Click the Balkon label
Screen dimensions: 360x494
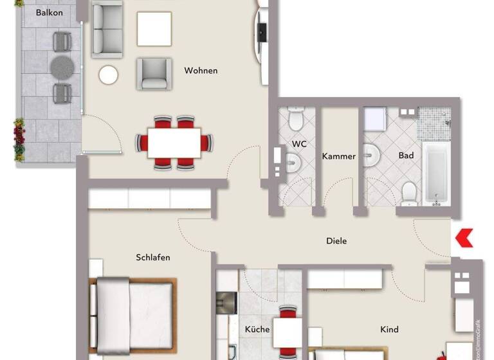50,12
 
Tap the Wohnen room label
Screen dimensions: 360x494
201,71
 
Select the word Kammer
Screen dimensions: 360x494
339,156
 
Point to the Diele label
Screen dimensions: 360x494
336,241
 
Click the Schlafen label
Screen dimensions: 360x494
153,258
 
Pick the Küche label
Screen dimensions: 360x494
257,330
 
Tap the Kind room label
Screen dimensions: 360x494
389,330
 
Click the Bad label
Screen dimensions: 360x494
406,156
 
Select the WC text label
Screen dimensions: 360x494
299,144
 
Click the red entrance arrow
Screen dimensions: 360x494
464,238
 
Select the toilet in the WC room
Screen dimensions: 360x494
296,119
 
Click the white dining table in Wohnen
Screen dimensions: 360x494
174,142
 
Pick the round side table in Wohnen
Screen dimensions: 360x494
109,75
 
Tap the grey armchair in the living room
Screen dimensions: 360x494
154,73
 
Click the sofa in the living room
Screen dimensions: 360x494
107,28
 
